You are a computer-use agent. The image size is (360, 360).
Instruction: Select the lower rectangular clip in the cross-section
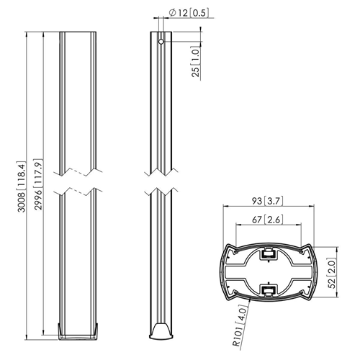(x=267, y=291)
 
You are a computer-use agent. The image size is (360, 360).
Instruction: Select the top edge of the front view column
(x=77, y=32)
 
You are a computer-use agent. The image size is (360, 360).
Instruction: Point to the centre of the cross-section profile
(x=267, y=272)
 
